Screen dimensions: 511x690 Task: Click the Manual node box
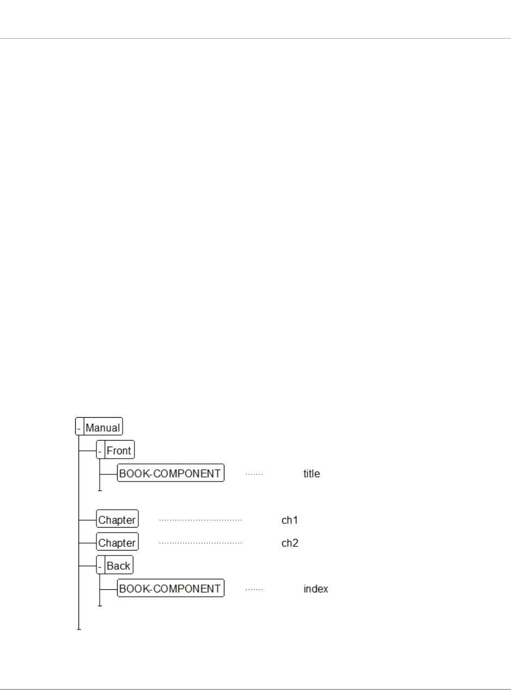tap(102, 428)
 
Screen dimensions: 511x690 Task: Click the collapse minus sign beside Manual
tap(79, 428)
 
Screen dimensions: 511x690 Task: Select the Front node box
tap(119, 450)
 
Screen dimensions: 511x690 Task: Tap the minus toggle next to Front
tap(100, 450)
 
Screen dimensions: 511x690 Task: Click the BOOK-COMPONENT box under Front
tap(171, 473)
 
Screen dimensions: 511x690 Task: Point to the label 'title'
tap(312, 474)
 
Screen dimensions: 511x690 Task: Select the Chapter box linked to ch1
tap(117, 520)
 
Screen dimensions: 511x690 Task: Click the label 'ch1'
tap(289, 520)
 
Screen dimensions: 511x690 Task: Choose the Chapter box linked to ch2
tap(117, 542)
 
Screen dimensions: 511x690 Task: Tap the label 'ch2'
tap(289, 543)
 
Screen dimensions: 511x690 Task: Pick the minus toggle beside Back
tap(100, 565)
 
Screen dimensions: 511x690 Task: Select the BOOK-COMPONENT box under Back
tap(171, 589)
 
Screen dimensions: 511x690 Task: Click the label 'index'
tap(316, 589)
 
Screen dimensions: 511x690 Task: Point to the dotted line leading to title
tap(254, 474)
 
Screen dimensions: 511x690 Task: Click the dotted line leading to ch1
tap(200, 520)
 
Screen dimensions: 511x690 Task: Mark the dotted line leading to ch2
tap(200, 543)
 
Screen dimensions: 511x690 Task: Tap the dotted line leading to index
tap(254, 589)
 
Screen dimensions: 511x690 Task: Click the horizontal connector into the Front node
tap(87, 450)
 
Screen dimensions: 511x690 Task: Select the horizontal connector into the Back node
tap(87, 565)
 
